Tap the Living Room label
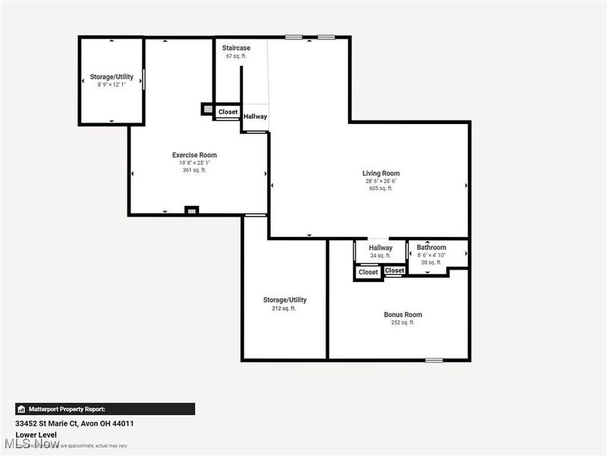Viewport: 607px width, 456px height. [381, 173]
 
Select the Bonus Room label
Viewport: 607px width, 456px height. [403, 315]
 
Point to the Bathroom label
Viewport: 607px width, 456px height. [432, 248]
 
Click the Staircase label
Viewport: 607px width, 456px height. [236, 48]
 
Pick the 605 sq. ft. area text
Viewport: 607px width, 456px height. [381, 188]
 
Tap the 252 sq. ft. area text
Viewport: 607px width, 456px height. [403, 323]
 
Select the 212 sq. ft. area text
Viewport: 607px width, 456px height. [285, 309]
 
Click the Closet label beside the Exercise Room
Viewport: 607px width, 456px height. [228, 112]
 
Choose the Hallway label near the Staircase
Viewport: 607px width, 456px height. [255, 116]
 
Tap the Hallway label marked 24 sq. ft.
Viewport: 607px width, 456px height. [381, 248]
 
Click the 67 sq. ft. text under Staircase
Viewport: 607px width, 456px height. [237, 56]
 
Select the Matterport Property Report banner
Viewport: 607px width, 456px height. [105, 409]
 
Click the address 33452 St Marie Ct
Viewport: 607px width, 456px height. [68, 423]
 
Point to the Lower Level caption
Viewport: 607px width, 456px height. [37, 435]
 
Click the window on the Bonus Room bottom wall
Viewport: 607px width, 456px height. [434, 359]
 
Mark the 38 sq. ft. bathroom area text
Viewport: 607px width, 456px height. [432, 262]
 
